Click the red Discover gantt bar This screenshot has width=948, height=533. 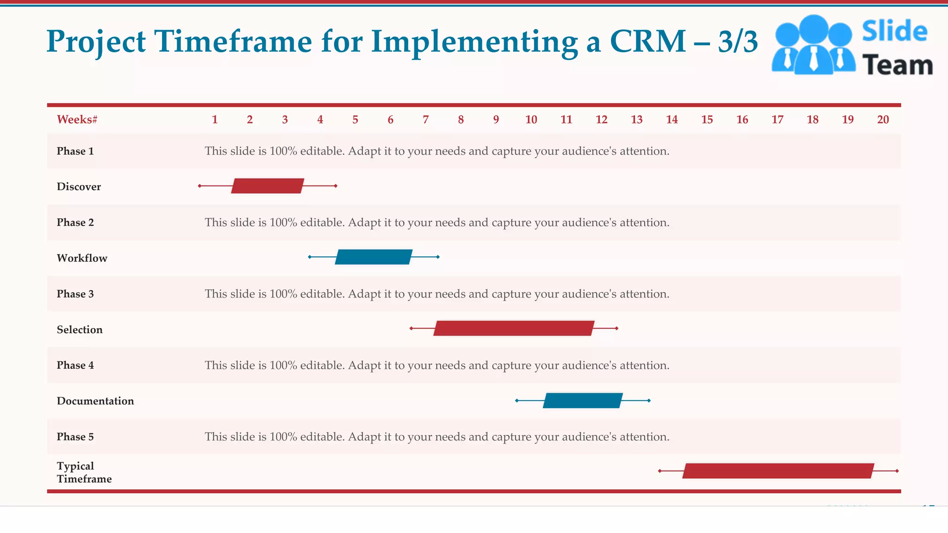tap(268, 186)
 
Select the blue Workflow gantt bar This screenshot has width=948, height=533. tap(374, 257)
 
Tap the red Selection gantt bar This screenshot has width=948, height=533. tap(514, 328)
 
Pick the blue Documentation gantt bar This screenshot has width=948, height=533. tap(583, 400)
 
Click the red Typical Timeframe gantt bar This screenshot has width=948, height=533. tap(778, 471)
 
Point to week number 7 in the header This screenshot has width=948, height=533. tap(425, 120)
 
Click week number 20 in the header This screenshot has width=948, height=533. tap(883, 120)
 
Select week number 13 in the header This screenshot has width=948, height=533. tap(636, 120)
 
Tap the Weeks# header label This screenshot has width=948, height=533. tap(77, 120)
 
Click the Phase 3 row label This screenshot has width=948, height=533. tap(75, 294)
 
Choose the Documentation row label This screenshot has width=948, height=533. tap(95, 401)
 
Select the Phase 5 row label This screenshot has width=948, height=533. tap(75, 437)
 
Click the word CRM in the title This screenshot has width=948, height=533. tap(648, 42)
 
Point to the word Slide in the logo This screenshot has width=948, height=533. tap(894, 31)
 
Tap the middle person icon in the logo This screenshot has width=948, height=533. tap(813, 44)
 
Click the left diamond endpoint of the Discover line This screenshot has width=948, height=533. tap(200, 186)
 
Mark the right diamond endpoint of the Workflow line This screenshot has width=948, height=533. tap(438, 257)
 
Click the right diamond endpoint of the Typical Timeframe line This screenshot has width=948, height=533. tap(897, 471)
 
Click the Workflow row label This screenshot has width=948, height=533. tap(82, 258)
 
